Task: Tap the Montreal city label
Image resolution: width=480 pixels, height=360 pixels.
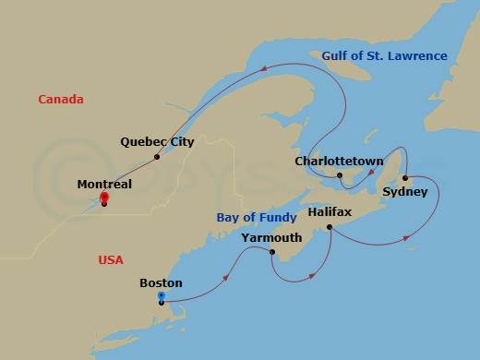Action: pyautogui.click(x=104, y=185)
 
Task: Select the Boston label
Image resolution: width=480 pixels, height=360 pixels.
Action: pyautogui.click(x=161, y=283)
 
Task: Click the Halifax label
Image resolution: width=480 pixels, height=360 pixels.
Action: pyautogui.click(x=330, y=212)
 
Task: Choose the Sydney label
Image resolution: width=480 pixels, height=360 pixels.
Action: pyautogui.click(x=404, y=192)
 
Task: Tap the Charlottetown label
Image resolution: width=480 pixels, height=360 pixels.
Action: pyautogui.click(x=338, y=162)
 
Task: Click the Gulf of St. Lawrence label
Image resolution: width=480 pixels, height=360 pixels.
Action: pyautogui.click(x=385, y=56)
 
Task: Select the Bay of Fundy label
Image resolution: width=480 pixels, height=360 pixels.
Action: pyautogui.click(x=257, y=218)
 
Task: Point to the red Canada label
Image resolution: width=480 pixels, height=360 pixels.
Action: pyautogui.click(x=61, y=99)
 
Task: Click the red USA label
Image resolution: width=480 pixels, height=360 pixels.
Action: pyautogui.click(x=111, y=260)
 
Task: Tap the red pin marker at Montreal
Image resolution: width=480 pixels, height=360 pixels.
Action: pyautogui.click(x=104, y=197)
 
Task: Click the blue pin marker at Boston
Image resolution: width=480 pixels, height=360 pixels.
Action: pyautogui.click(x=162, y=296)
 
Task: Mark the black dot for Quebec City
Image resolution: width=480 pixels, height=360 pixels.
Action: pyautogui.click(x=158, y=157)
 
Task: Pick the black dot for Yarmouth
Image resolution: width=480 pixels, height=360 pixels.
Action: pyautogui.click(x=271, y=252)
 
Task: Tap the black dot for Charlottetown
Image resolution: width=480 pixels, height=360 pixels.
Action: pyautogui.click(x=340, y=175)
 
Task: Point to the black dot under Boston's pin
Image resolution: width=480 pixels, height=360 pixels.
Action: pyautogui.click(x=162, y=303)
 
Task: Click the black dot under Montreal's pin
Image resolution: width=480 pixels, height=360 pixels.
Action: pyautogui.click(x=104, y=203)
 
